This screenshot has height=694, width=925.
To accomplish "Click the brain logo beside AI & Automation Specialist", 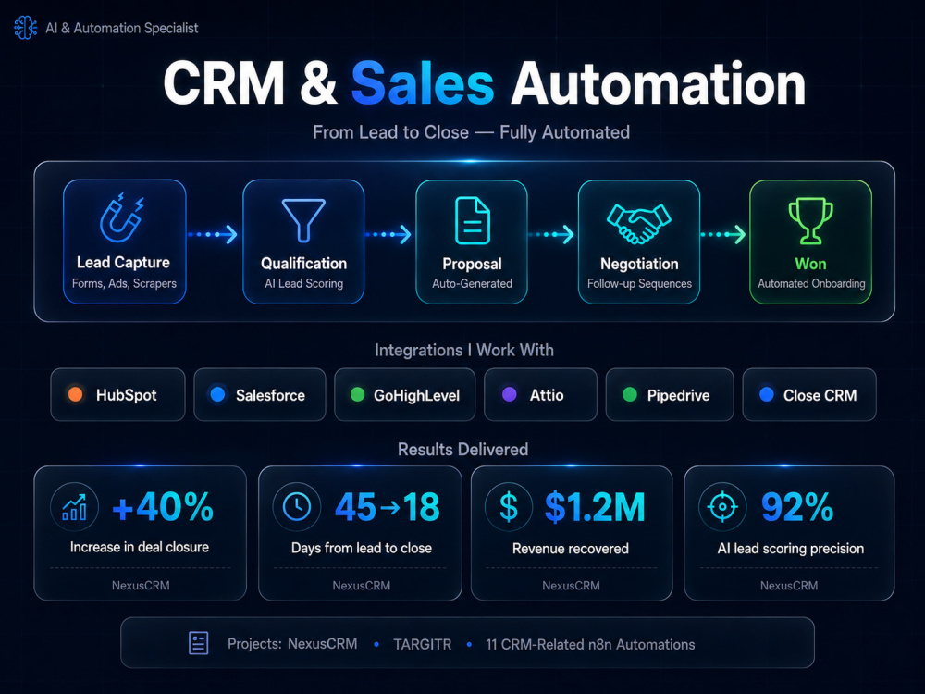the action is click(x=25, y=28).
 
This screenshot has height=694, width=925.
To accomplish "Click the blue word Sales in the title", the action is click(x=423, y=84).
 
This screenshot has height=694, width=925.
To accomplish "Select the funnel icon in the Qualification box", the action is click(x=303, y=220).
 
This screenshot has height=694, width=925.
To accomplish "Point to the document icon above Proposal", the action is click(x=472, y=221).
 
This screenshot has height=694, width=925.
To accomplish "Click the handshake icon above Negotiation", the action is click(x=639, y=223).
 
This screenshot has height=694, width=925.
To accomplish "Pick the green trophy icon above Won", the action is click(x=811, y=221).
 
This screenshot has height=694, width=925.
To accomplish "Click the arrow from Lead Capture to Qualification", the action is click(x=213, y=234).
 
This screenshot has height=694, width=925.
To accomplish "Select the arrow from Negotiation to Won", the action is click(x=723, y=234).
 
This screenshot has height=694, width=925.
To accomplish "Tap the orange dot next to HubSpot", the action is click(x=76, y=394).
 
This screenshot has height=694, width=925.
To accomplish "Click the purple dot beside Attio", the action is click(x=509, y=394).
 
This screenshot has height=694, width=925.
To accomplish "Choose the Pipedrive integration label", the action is click(x=678, y=395).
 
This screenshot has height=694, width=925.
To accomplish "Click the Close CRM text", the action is click(x=820, y=395).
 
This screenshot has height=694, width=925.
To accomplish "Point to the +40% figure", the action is click(x=163, y=507).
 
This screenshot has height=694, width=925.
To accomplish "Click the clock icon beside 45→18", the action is click(x=297, y=506).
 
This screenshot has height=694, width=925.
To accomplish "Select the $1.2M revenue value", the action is click(x=595, y=507).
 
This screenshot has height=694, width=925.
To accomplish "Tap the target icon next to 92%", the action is click(x=722, y=506).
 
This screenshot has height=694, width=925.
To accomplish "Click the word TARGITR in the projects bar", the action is click(x=423, y=644).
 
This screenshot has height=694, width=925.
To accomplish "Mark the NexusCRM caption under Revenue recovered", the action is click(x=571, y=586).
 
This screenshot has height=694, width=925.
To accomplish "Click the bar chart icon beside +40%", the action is click(x=75, y=507).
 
